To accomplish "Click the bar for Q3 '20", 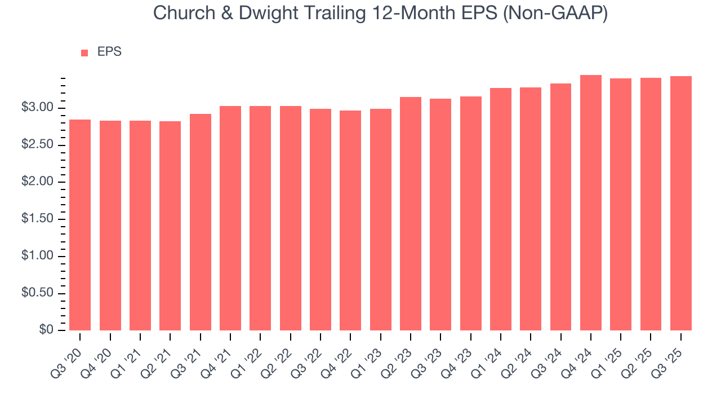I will (80, 225).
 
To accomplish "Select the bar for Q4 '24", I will (591, 203).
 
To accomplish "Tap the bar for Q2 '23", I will (411, 214).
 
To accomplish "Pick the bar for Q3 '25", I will (681, 204).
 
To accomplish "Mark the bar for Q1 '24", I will (501, 209).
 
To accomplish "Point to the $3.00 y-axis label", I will (38, 108).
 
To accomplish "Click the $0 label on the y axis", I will (47, 330).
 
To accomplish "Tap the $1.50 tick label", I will (38, 219).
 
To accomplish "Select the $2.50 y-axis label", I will (38, 145).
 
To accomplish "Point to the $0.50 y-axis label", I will (38, 293).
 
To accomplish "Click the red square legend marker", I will (84, 52).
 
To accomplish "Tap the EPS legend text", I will (109, 52).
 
